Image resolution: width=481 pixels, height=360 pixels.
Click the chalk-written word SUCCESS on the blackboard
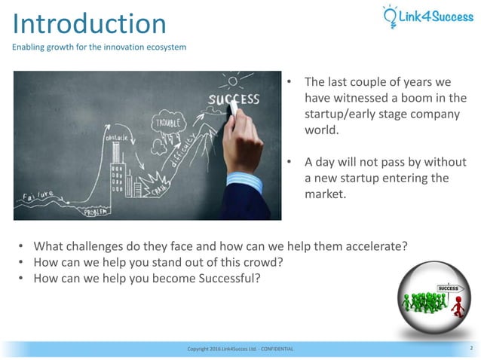coord(234,99)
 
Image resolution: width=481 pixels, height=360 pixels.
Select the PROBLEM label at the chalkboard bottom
coord(94,212)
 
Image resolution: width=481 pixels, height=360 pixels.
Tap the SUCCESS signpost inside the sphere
coord(448,288)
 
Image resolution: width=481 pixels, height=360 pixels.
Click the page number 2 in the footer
coord(470,349)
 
